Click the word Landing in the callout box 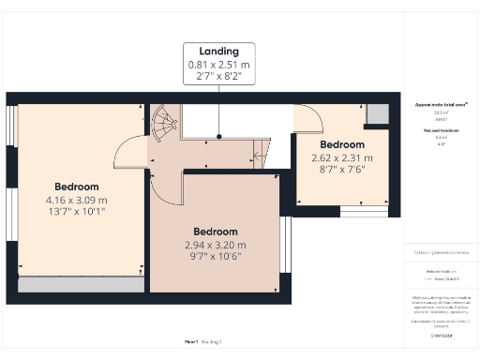(x=219, y=51)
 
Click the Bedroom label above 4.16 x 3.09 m (x=76, y=186)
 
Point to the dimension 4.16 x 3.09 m (x=76, y=200)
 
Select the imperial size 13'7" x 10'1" (x=76, y=212)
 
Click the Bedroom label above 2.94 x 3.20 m (x=215, y=232)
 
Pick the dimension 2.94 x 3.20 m (x=215, y=245)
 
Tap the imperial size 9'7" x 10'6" (x=215, y=257)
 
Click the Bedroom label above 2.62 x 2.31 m (x=342, y=145)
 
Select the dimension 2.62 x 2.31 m (x=342, y=157)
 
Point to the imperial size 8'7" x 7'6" (x=342, y=170)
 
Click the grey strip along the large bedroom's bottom (x=80, y=284)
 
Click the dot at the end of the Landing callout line (x=219, y=138)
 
